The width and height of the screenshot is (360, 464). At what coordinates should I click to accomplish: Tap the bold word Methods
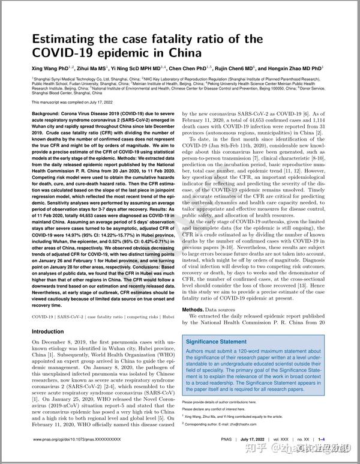pos(196,310)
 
